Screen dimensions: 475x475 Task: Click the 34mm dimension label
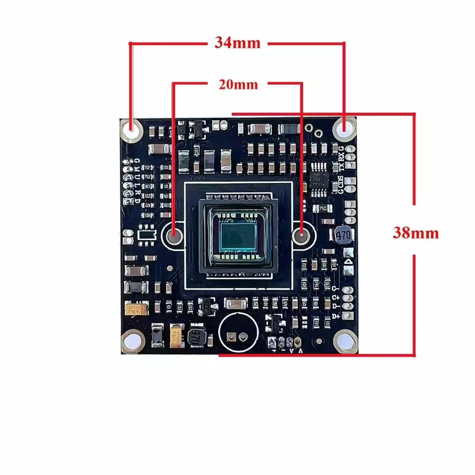point(237,43)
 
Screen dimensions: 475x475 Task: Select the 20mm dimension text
point(238,85)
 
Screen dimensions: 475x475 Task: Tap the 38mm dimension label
point(416,233)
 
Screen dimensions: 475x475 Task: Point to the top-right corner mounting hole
point(344,130)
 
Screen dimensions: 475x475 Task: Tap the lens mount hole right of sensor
point(301,234)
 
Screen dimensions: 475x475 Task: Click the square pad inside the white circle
point(231,337)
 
